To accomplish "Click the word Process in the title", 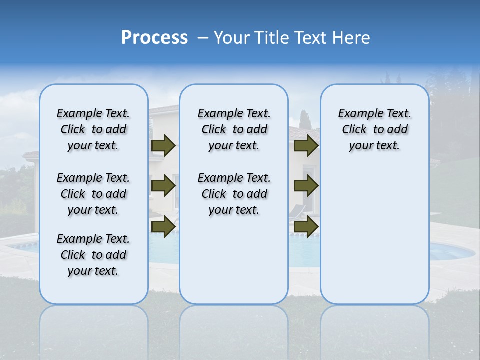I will pyautogui.click(x=154, y=38).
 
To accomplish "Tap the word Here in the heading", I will pyautogui.click(x=352, y=38).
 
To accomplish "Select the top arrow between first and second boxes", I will pyautogui.click(x=163, y=145).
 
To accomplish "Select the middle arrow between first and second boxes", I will pyautogui.click(x=163, y=186).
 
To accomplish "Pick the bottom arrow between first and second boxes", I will pyautogui.click(x=163, y=226).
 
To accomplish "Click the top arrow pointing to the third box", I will pyautogui.click(x=306, y=145).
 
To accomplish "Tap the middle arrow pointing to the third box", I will pyautogui.click(x=306, y=186).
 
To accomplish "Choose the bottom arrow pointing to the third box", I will pyautogui.click(x=306, y=226).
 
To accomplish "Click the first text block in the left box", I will pyautogui.click(x=93, y=129).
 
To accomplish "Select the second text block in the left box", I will pyautogui.click(x=93, y=194).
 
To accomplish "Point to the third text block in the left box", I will pyautogui.click(x=93, y=255).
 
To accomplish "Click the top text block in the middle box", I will pyautogui.click(x=234, y=129).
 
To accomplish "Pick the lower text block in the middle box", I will pyautogui.click(x=234, y=194).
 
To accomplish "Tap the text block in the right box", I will pyautogui.click(x=374, y=129).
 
